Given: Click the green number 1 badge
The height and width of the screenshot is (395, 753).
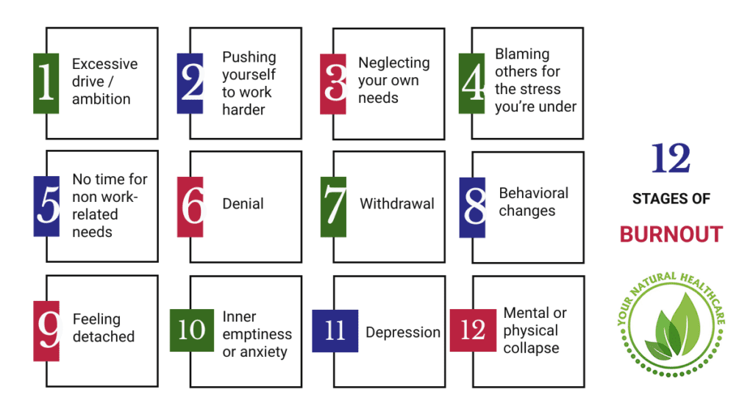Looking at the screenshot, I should (x=46, y=83).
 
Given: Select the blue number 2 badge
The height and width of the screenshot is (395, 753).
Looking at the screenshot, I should (x=190, y=83).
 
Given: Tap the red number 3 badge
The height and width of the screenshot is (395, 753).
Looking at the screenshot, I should (x=334, y=83).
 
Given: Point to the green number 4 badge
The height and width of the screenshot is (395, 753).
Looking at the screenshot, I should (x=472, y=83).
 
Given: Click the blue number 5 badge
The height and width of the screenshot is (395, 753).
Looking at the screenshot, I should (x=46, y=206).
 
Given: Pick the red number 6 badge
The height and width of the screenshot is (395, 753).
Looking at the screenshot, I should (x=190, y=206).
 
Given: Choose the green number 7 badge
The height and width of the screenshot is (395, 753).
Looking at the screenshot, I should (x=334, y=206).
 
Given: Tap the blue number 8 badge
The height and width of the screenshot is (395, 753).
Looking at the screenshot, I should (x=472, y=206).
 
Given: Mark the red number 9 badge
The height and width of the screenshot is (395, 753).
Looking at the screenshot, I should (x=46, y=330).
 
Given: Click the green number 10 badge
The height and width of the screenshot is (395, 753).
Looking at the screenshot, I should (x=191, y=330).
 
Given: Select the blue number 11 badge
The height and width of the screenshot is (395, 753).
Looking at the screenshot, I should (x=335, y=330).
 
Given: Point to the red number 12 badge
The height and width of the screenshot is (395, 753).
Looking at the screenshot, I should (x=473, y=330).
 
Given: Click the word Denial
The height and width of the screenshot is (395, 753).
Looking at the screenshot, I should (x=243, y=204).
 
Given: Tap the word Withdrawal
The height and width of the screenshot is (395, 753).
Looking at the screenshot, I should (x=397, y=204).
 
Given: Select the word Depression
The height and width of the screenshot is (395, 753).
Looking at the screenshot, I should (x=403, y=332).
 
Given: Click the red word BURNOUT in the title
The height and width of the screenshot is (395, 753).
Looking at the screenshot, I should (x=671, y=234).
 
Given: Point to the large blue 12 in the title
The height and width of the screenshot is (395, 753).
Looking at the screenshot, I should (x=671, y=159).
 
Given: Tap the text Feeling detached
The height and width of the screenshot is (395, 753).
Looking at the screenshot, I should (x=103, y=328).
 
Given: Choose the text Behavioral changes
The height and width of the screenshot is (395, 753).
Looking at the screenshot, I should (x=534, y=202).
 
